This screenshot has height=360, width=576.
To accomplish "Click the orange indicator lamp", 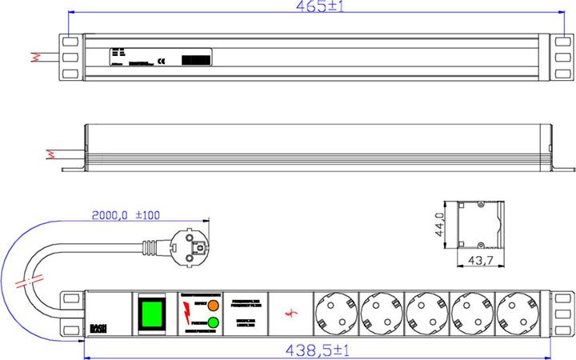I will pos(213,306).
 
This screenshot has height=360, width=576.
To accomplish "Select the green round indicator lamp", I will pos(213,323).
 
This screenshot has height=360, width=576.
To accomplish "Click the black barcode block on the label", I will pos(196,60).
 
